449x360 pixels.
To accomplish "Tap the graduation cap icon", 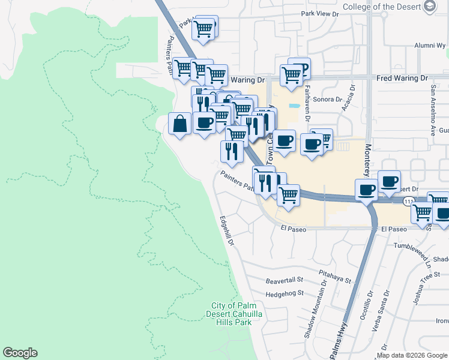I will click(x=429, y=7).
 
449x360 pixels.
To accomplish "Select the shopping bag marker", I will click(x=180, y=124).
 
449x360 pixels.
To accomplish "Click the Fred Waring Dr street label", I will click(x=402, y=79).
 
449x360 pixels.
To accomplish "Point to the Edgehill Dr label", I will click(x=227, y=231).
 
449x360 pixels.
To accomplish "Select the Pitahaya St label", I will click(x=335, y=272).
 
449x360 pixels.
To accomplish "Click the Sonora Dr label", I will click(x=329, y=100).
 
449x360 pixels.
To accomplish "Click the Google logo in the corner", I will click(x=20, y=353).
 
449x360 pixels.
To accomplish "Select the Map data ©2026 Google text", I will click(x=412, y=355).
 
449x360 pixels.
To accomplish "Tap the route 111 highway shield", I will click(x=408, y=201).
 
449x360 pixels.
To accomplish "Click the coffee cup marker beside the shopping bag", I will click(x=204, y=124).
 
